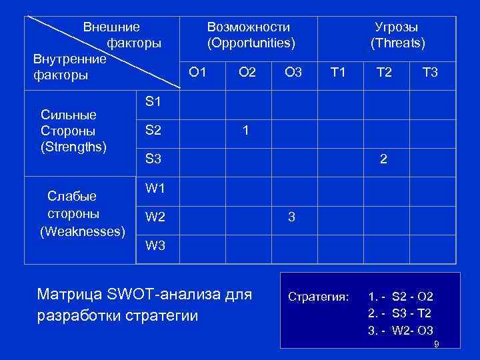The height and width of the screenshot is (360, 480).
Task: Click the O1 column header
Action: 197,72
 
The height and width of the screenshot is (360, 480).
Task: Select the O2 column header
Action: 247,72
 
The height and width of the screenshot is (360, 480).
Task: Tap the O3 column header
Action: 293,72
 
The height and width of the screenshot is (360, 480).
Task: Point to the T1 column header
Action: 339,72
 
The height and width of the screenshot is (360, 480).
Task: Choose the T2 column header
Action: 384,72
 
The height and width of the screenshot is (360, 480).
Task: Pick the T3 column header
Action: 430,72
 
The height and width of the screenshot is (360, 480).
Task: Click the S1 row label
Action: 153,102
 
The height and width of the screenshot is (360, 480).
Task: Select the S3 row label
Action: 153,159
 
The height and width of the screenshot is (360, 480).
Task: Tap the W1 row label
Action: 155,188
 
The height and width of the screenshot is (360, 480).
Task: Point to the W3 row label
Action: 155,245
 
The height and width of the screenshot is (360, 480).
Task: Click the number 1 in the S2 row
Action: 246,131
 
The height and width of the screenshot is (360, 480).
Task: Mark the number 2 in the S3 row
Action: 383,159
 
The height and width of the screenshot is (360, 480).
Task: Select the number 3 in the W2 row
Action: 291,217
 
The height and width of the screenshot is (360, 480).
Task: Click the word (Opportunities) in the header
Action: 251,43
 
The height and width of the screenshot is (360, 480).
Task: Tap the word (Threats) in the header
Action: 397,43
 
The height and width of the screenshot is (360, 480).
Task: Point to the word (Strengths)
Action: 74,146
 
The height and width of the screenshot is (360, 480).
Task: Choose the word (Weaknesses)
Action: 83,231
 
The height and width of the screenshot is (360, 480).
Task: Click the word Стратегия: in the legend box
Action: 318,296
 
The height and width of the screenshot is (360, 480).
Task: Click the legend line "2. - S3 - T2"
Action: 400,313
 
